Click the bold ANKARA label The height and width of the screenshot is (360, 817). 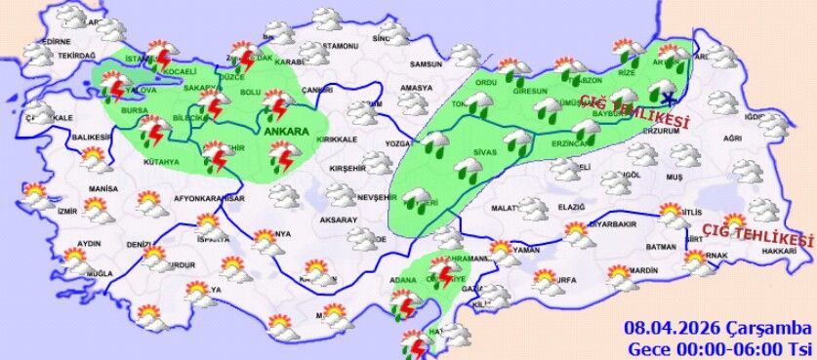(x=285, y=131)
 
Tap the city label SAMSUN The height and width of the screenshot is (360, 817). (x=427, y=64)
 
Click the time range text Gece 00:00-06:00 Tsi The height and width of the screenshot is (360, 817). (x=719, y=347)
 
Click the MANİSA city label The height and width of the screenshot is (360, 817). (x=102, y=188)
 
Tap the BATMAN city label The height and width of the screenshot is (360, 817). (x=662, y=247)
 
